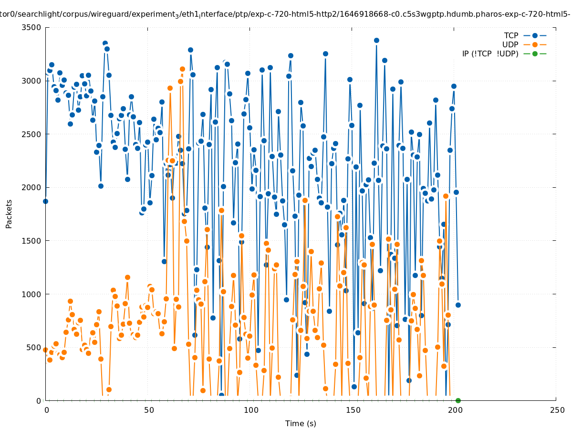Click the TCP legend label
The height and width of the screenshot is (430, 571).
pos(511,36)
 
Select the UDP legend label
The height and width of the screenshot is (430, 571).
pos(510,45)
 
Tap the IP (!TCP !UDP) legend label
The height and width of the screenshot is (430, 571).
pos(490,54)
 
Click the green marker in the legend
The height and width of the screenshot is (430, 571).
pos(535,54)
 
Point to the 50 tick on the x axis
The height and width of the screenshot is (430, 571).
pos(149,410)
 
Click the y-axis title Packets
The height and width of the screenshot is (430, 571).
pos(9,214)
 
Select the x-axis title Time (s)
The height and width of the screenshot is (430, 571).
pos(301,424)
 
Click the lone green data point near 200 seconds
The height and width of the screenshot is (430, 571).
pos(458,400)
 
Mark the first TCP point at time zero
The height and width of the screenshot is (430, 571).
pos(45,201)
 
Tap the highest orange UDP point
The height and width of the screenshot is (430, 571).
pos(182,69)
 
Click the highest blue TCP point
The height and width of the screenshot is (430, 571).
pos(376,40)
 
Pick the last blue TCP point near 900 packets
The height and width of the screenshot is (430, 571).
pos(458,305)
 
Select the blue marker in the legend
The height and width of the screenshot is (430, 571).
pos(535,36)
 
